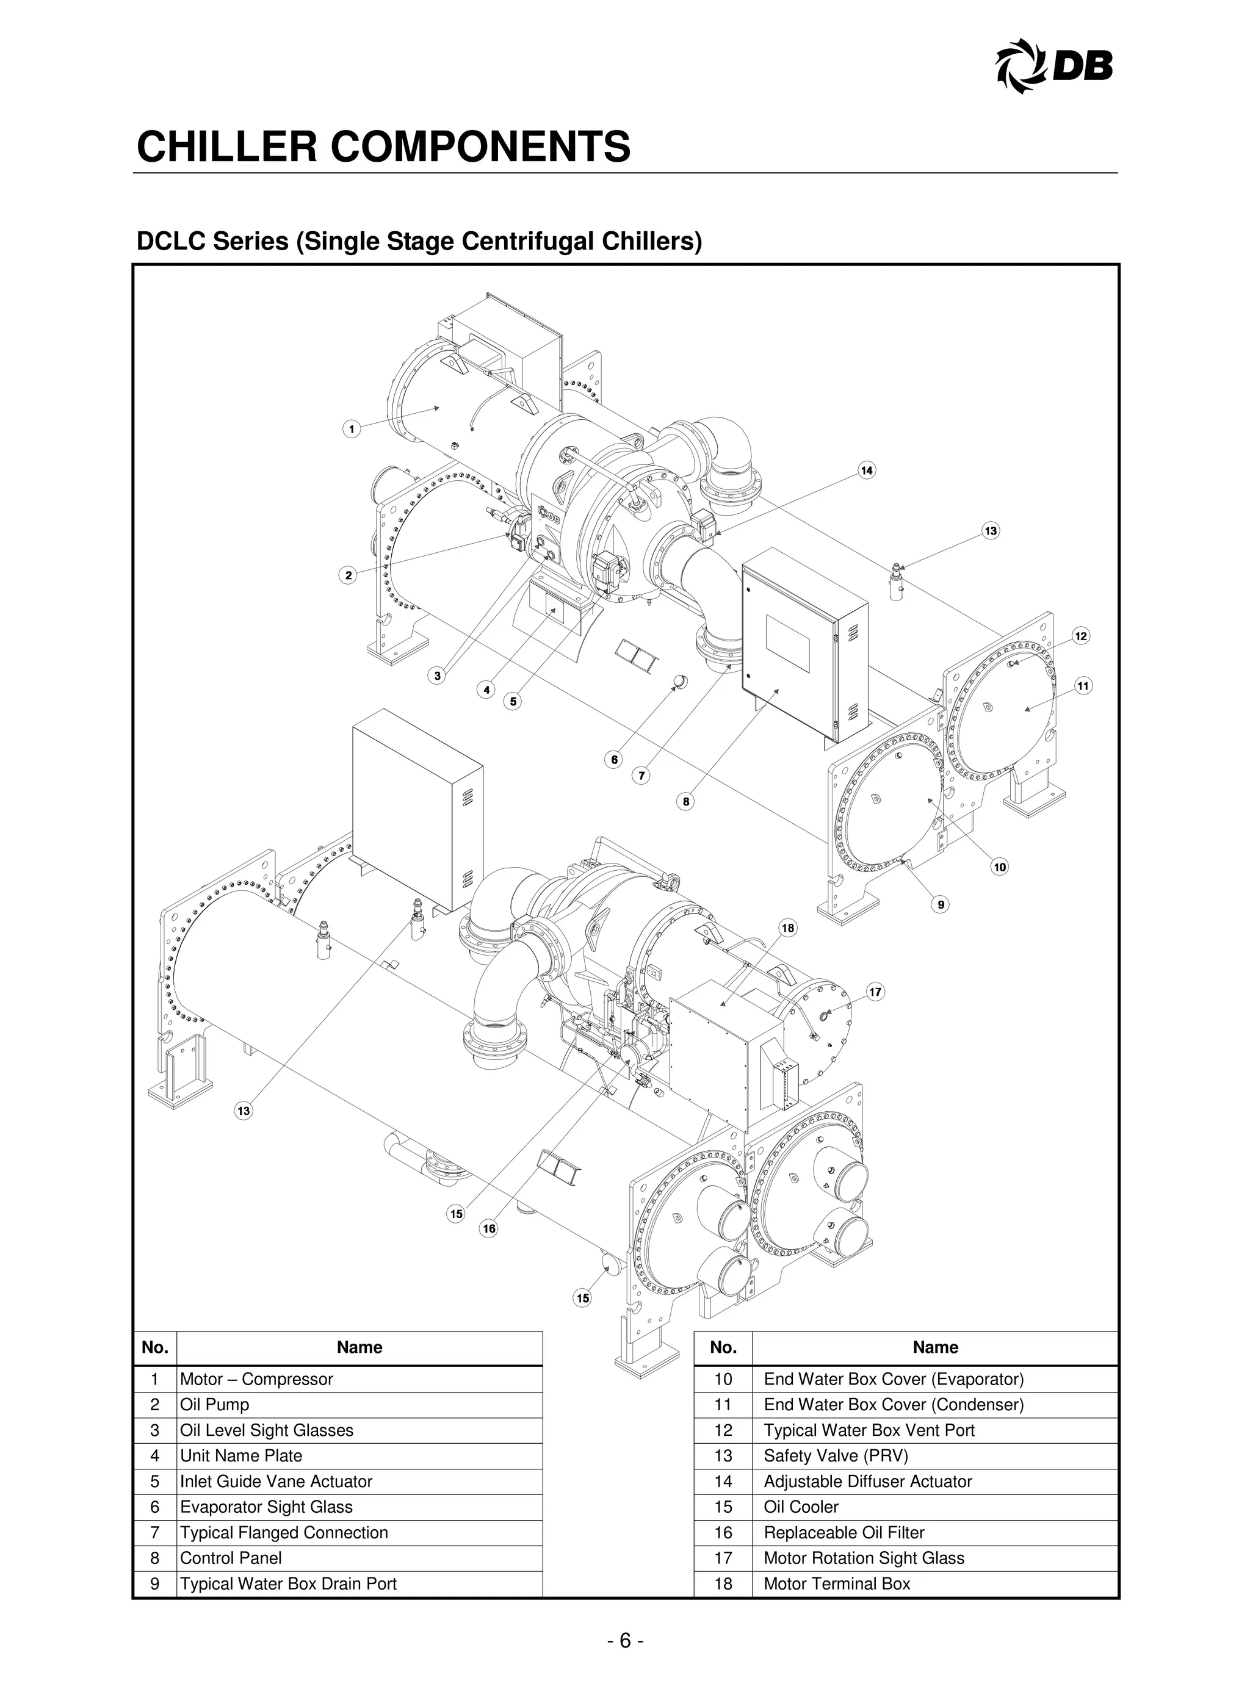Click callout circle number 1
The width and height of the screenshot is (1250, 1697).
click(351, 430)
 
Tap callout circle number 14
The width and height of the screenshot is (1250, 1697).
click(866, 470)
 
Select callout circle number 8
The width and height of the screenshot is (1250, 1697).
click(685, 801)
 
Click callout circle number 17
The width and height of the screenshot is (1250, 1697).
click(875, 992)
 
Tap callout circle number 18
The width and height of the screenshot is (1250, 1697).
click(788, 928)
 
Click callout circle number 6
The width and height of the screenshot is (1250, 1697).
click(615, 760)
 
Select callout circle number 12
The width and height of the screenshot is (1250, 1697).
click(1080, 636)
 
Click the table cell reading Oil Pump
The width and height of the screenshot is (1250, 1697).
click(215, 1405)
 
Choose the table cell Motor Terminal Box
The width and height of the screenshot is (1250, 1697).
click(837, 1584)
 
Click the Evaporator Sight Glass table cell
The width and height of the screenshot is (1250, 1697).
click(266, 1507)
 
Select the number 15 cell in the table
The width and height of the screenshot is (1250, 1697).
click(723, 1507)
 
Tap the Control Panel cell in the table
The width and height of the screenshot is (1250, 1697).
click(231, 1558)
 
